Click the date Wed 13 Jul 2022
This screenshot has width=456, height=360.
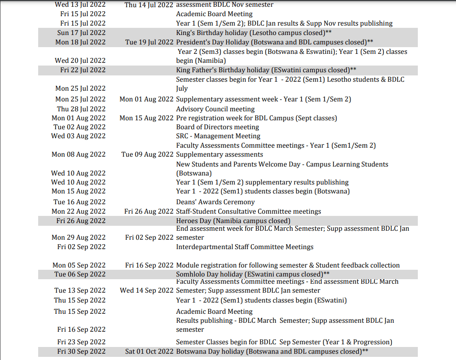pyautogui.click(x=80, y=4)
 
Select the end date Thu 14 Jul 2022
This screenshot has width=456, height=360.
pyautogui.click(x=149, y=4)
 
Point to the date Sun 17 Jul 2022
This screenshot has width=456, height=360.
pyautogui.click(x=82, y=33)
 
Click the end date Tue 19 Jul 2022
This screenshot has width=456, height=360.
pyautogui.click(x=149, y=42)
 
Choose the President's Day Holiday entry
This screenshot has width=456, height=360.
pyautogui.click(x=274, y=42)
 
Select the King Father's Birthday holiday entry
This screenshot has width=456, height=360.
pyautogui.click(x=266, y=70)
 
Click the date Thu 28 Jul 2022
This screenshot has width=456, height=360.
pyautogui.click(x=81, y=109)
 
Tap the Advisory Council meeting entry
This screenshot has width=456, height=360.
pyautogui.click(x=215, y=109)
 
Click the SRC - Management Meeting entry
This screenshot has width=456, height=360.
pyautogui.click(x=218, y=136)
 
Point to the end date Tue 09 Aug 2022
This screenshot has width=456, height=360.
pyautogui.click(x=147, y=154)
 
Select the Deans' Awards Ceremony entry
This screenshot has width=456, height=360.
pyautogui.click(x=215, y=202)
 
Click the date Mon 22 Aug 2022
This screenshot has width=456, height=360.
pyautogui.click(x=79, y=211)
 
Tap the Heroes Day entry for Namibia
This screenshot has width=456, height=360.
pyautogui.click(x=233, y=221)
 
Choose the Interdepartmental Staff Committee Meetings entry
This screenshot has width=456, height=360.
pyautogui.click(x=245, y=247)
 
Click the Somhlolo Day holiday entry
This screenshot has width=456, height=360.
pyautogui.click(x=253, y=274)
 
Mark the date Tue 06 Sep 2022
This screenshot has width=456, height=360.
pyautogui.click(x=80, y=274)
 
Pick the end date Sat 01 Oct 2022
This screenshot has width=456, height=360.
pyautogui.click(x=149, y=351)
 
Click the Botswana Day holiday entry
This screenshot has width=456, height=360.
pyautogui.click(x=272, y=351)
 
